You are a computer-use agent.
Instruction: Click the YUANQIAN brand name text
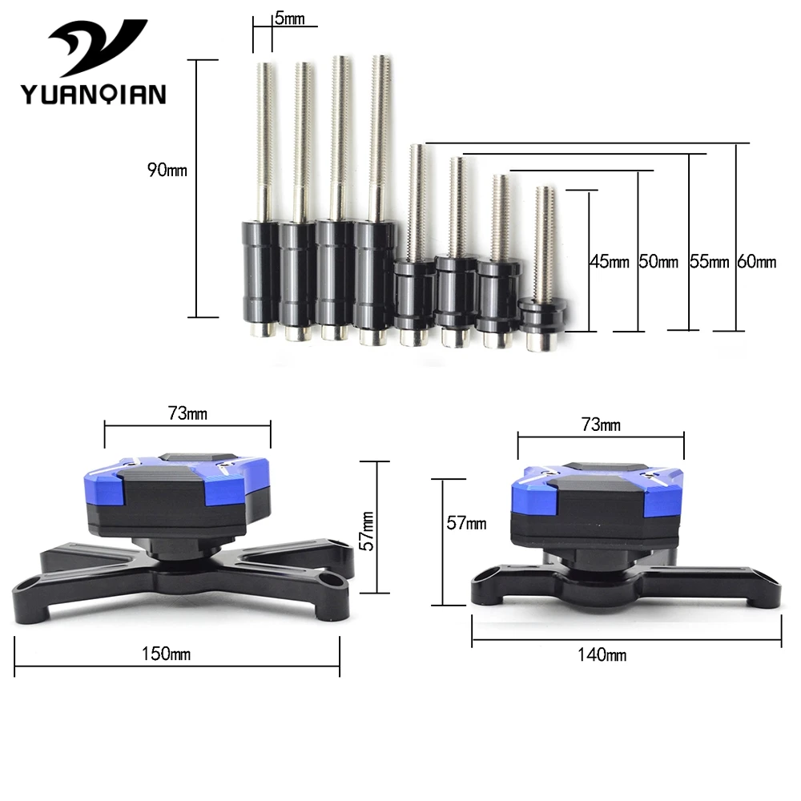point(94,95)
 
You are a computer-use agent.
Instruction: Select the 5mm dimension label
point(289,19)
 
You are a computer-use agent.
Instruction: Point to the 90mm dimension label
point(167,170)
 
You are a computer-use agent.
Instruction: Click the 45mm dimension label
point(610,262)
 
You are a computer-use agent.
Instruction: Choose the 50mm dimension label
point(658,262)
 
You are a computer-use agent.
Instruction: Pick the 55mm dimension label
point(709,262)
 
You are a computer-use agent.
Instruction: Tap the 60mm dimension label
point(757,262)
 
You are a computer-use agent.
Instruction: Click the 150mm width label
point(166,654)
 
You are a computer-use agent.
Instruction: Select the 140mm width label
point(602,655)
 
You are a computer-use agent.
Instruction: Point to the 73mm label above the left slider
point(187,413)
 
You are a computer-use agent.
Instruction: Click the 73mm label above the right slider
point(601,425)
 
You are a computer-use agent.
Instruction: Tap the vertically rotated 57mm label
point(367,531)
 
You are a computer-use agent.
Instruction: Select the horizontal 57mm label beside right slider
point(466,523)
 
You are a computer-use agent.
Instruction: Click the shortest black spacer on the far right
point(542,316)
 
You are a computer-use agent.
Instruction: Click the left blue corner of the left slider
point(103,487)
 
